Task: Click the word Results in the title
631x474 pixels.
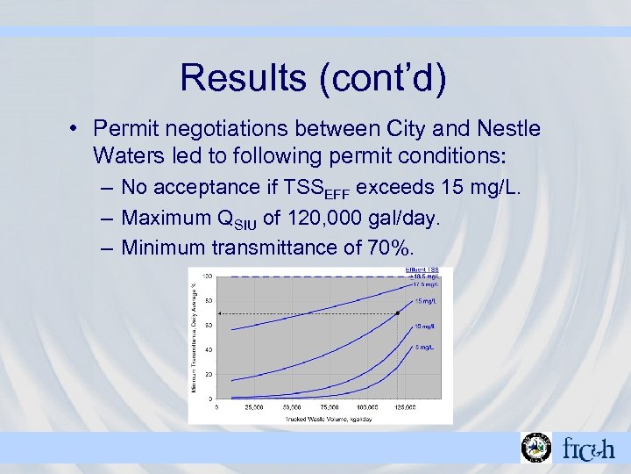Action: pyautogui.click(x=238, y=77)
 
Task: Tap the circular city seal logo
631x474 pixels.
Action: pyautogui.click(x=535, y=448)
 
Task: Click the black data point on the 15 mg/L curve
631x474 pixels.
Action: pyautogui.click(x=398, y=312)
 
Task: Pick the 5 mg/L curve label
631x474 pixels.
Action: pyautogui.click(x=424, y=348)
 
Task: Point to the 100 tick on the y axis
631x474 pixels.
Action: pyautogui.click(x=208, y=276)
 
